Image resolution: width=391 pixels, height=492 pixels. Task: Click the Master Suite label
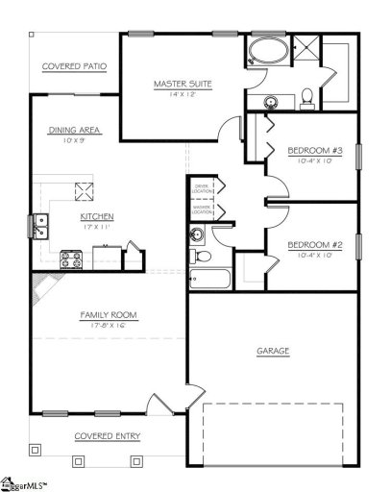pos(183,84)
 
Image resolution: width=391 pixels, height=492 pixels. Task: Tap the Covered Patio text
pos(74,66)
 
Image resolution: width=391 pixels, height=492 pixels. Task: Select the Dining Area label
pos(75,130)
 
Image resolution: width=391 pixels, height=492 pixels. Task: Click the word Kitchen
pos(97,216)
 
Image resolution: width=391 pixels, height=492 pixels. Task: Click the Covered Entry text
pos(108,436)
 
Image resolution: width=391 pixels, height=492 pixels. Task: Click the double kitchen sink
pos(41,226)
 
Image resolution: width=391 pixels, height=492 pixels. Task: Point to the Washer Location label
pos(202,209)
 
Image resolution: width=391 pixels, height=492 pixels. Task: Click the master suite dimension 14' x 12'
pos(183,95)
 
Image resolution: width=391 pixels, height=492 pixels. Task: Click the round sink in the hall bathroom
pos(198,234)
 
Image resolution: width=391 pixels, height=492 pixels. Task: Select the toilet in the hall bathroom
pos(196,257)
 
